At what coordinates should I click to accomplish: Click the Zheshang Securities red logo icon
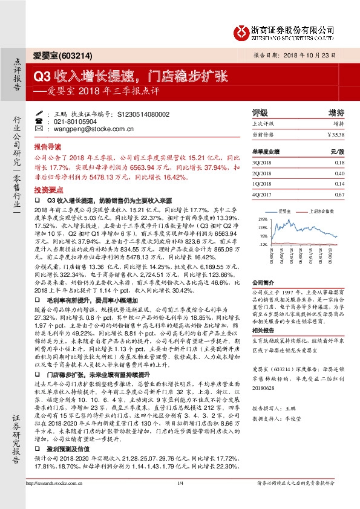pyautogui.click(x=241, y=31)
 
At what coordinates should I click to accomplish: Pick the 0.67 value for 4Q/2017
pyautogui.click(x=339, y=194)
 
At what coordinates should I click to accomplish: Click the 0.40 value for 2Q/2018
pyautogui.click(x=339, y=173)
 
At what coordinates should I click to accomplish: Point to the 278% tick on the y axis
pyautogui.click(x=263, y=219)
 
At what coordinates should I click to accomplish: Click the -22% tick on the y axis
pyautogui.click(x=263, y=245)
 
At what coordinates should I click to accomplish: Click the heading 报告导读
pyautogui.click(x=47, y=147)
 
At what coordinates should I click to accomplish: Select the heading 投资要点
pyautogui.click(x=47, y=189)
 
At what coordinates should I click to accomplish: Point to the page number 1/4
pyautogui.click(x=180, y=499)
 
